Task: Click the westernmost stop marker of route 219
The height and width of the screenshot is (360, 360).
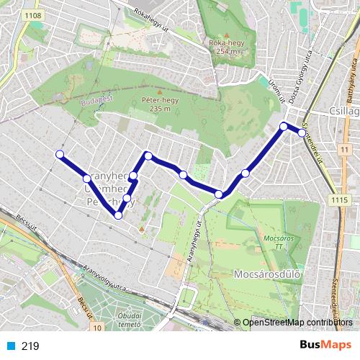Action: coord(60,154)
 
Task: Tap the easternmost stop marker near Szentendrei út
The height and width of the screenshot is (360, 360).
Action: coord(301,132)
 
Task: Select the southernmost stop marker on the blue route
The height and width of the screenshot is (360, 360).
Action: coord(118,215)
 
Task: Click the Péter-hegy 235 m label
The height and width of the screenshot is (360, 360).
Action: coord(158,104)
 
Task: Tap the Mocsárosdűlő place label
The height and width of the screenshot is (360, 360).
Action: coord(266,274)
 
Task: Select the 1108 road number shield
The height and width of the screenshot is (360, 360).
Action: coord(32,15)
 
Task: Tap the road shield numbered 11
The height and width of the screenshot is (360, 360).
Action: coord(346,148)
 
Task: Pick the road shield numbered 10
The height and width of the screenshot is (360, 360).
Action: coord(96,328)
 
